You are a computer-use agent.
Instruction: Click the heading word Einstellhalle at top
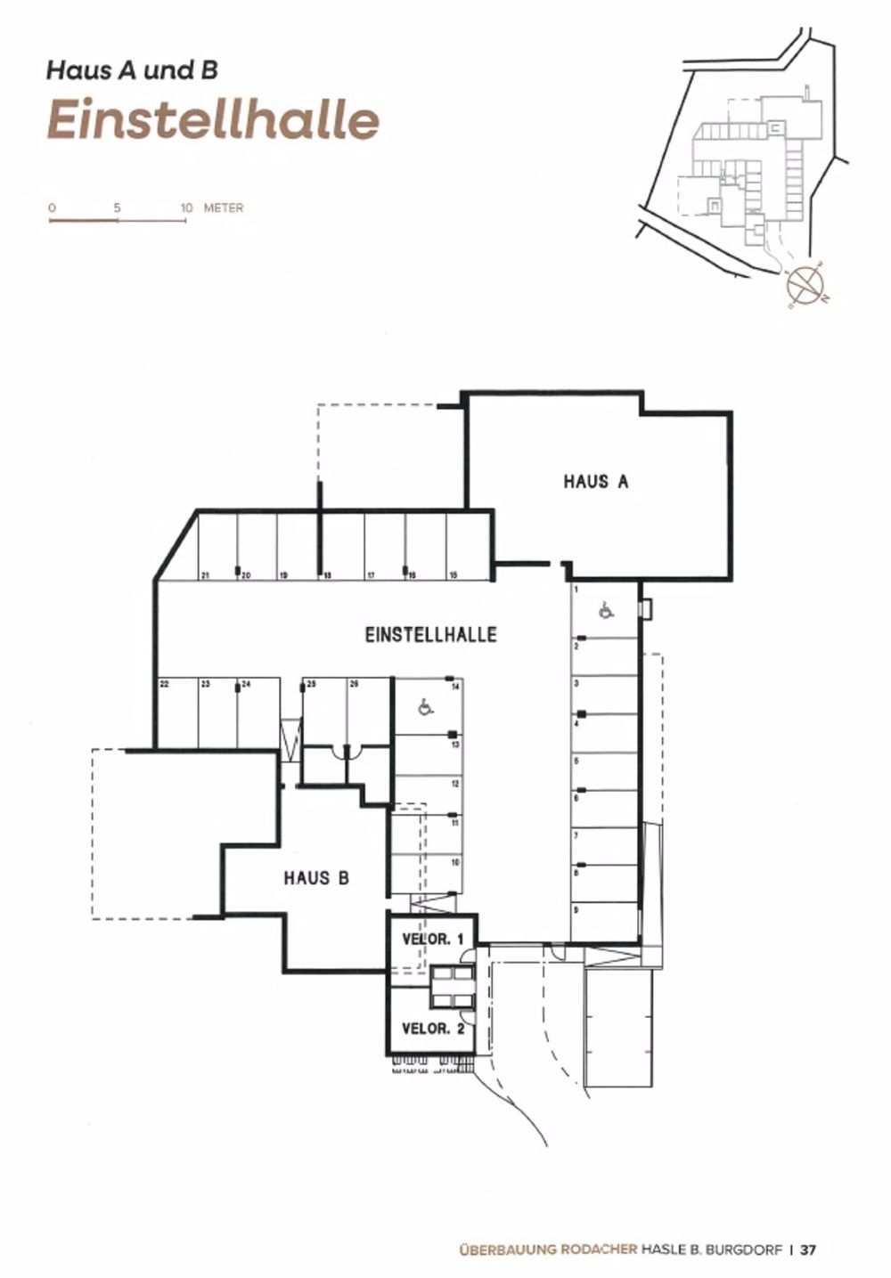pyautogui.click(x=213, y=120)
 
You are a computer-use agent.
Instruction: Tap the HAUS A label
pyautogui.click(x=595, y=482)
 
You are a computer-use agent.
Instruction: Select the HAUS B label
pyautogui.click(x=316, y=878)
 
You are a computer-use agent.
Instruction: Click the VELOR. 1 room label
pyautogui.click(x=433, y=939)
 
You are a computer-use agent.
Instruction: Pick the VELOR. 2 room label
pyautogui.click(x=433, y=1029)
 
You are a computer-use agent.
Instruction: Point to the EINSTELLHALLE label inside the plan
pyautogui.click(x=430, y=634)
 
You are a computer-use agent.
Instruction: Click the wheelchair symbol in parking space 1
pyautogui.click(x=606, y=611)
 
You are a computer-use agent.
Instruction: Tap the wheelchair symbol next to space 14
pyautogui.click(x=425, y=707)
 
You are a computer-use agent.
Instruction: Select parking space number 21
pyautogui.click(x=204, y=575)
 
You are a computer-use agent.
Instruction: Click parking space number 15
pyautogui.click(x=453, y=575)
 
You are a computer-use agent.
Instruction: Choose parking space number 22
pyautogui.click(x=164, y=684)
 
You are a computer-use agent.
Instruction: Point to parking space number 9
pyautogui.click(x=576, y=909)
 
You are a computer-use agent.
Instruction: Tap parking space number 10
pyautogui.click(x=454, y=863)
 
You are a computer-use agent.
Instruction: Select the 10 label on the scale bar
pyautogui.click(x=185, y=208)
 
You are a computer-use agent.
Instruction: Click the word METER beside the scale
pyautogui.click(x=224, y=208)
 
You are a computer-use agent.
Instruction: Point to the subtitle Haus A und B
pyautogui.click(x=132, y=69)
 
